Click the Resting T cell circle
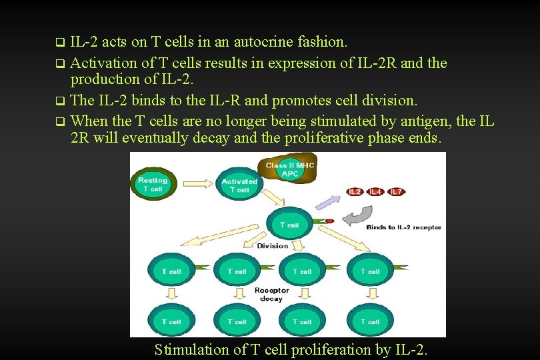click(x=152, y=185)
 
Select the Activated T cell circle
click(x=239, y=185)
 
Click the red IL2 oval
click(x=355, y=192)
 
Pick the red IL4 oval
click(x=376, y=192)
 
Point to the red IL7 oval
click(x=397, y=192)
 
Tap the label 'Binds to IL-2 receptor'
click(x=403, y=227)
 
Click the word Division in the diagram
click(x=273, y=245)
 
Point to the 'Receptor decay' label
click(x=271, y=295)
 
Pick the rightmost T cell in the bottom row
click(x=370, y=321)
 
